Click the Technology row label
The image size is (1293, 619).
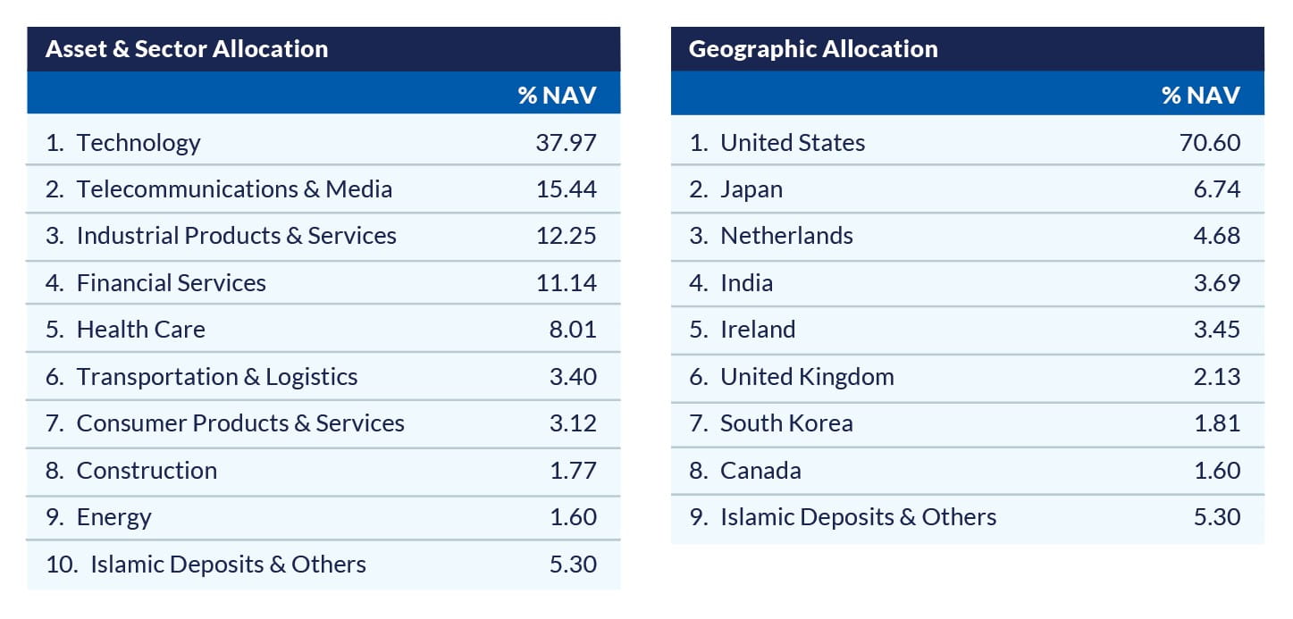click(x=139, y=143)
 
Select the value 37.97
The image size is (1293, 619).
click(x=566, y=143)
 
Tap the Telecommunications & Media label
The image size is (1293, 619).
click(x=234, y=189)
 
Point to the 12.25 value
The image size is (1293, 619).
click(x=566, y=236)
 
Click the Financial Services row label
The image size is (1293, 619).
click(x=171, y=283)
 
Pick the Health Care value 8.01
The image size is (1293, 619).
click(x=573, y=330)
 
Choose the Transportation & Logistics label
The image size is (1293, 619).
click(x=217, y=377)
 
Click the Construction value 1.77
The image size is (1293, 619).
click(x=573, y=471)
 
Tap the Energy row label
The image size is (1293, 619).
click(x=113, y=517)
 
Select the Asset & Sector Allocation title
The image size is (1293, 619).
click(x=187, y=49)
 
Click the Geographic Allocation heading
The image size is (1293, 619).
click(x=813, y=49)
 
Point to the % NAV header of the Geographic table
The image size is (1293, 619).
click(x=1201, y=96)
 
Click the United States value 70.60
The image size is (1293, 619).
click(x=1210, y=143)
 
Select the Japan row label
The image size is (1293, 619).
click(x=751, y=189)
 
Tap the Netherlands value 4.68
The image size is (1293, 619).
click(x=1217, y=236)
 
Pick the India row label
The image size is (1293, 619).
click(x=746, y=283)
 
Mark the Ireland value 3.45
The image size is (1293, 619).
click(x=1217, y=330)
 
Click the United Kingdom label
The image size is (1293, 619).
click(x=807, y=377)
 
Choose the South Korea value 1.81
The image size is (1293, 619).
click(x=1217, y=423)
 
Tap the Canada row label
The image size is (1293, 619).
click(x=760, y=471)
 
